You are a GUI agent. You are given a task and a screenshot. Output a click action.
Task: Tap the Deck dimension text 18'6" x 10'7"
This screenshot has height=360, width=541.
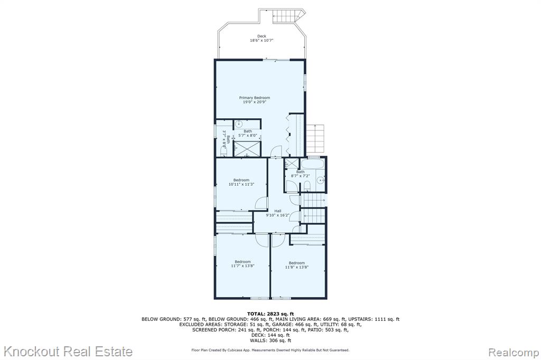[x=262, y=40]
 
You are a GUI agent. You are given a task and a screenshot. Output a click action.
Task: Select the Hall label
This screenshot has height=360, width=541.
[x=278, y=211]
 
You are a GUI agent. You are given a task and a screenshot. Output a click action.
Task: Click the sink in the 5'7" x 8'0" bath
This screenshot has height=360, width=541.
[x=239, y=124]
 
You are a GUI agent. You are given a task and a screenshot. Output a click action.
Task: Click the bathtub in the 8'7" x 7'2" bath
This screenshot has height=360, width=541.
[x=313, y=163]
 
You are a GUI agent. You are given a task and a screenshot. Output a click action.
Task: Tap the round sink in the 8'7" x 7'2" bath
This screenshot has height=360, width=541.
[x=321, y=180]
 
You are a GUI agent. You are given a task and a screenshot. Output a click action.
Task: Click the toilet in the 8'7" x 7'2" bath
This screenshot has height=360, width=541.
[x=306, y=186]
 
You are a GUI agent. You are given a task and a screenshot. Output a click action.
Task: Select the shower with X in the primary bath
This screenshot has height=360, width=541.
[x=247, y=149]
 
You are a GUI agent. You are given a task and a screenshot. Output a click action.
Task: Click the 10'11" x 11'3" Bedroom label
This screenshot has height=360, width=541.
[x=241, y=182]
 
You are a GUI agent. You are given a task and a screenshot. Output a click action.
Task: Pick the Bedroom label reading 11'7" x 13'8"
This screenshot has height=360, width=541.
[x=242, y=264]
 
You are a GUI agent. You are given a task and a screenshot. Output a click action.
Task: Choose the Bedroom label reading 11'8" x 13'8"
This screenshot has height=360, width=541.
[x=297, y=265]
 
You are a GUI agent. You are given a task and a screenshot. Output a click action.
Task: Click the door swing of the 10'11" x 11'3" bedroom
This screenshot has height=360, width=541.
[x=262, y=203]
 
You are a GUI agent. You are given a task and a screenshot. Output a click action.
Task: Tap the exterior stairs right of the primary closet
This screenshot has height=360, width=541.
[x=316, y=139]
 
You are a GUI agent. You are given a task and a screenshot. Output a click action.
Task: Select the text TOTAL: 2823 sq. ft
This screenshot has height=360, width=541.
[x=270, y=314]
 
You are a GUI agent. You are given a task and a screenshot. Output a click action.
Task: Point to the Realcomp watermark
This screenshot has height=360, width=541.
[x=514, y=353]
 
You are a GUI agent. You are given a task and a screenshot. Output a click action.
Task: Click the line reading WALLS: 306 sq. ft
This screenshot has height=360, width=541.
[x=270, y=340]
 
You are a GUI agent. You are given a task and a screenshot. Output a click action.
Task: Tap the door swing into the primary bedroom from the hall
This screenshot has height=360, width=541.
[x=276, y=151]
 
